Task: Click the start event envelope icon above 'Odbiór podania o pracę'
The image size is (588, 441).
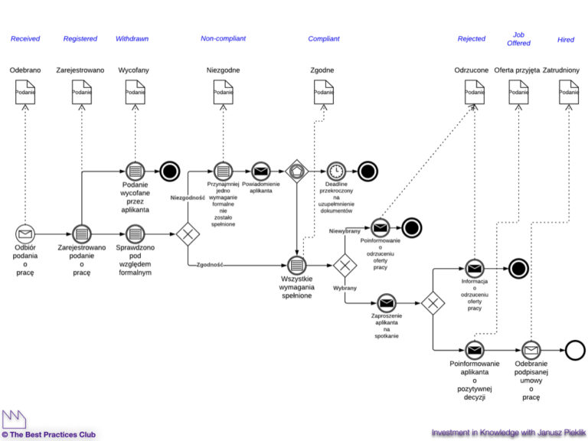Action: [x=25, y=234]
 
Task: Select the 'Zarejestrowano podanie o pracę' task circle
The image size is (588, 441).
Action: [x=82, y=234]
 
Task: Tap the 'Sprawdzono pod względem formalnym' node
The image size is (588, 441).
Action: [x=135, y=234]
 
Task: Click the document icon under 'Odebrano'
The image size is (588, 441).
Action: [x=25, y=92]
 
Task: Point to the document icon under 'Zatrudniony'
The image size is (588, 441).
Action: [x=567, y=92]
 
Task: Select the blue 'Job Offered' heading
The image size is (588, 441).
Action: [x=518, y=38]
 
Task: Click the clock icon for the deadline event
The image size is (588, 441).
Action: [x=336, y=171]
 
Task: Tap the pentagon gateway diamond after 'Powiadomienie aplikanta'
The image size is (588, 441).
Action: [x=297, y=171]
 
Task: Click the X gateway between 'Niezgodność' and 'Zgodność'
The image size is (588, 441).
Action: [x=187, y=234]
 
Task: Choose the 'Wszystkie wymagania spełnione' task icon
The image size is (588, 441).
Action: [x=297, y=265]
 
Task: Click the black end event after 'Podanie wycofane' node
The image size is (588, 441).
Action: [x=170, y=171]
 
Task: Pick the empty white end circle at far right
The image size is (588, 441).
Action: [x=575, y=351]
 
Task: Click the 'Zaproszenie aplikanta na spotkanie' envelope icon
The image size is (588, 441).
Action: [x=386, y=303]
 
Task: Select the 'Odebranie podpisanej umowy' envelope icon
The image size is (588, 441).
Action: [x=531, y=351]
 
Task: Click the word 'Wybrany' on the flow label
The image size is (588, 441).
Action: [x=346, y=289]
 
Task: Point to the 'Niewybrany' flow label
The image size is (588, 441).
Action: [x=345, y=230]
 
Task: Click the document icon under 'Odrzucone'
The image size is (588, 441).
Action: [x=475, y=92]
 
